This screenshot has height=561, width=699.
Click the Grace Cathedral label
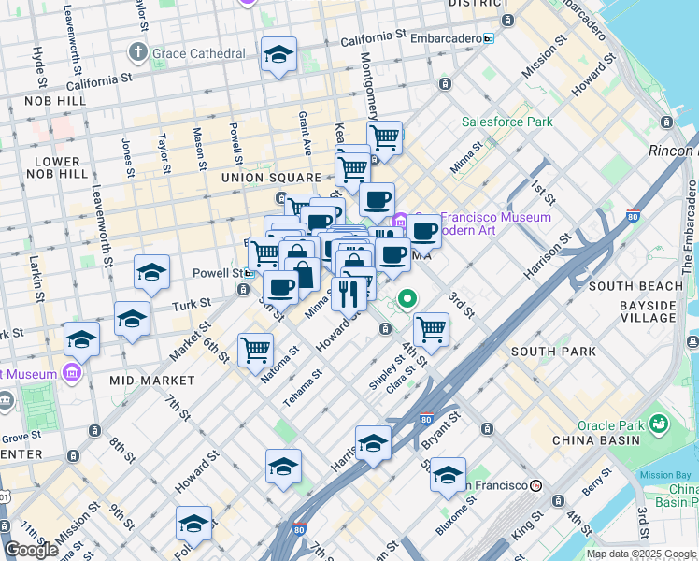pos(200,53)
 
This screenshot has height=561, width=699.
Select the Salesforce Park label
pos(506,122)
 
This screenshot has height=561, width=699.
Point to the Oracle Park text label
pos(608,425)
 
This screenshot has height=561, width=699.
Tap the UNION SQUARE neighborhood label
pos(272,178)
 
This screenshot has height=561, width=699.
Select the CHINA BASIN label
pos(608,440)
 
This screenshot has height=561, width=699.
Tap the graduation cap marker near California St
pos(278,56)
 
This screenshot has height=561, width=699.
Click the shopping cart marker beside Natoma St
pos(255,351)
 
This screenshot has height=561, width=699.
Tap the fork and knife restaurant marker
pos(349,294)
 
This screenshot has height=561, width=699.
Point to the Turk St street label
pos(185,306)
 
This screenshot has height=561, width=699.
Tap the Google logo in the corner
pos(31,550)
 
